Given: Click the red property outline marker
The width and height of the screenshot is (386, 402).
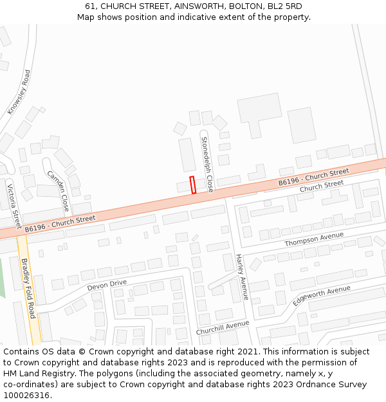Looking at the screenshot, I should point(192,185).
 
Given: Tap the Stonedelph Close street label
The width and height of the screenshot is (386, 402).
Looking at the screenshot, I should point(207,164).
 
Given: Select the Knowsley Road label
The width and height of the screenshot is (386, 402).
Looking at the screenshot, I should point(19,92).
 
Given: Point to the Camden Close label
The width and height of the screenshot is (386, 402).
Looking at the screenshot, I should point(58,191).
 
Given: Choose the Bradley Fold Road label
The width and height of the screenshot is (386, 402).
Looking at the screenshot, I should point(28,288).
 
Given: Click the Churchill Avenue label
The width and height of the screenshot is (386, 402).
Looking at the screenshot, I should point(223,327).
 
